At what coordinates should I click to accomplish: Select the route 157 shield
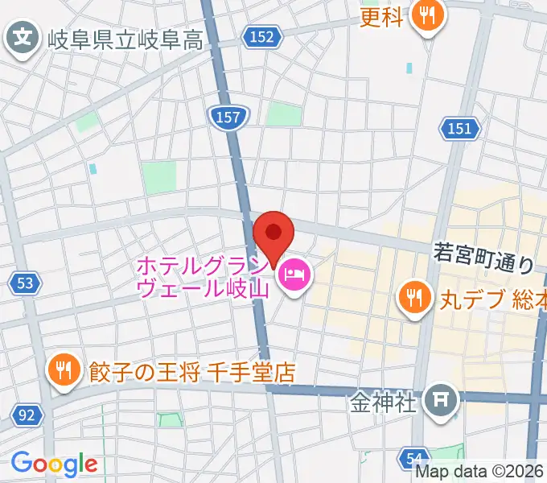[x=228, y=118]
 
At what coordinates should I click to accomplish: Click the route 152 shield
[x=261, y=37]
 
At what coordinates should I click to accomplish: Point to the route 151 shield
[x=459, y=128]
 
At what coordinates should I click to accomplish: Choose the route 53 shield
[x=25, y=283]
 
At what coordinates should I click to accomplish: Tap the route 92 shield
[x=27, y=415]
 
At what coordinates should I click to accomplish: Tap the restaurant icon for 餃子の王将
[x=62, y=371]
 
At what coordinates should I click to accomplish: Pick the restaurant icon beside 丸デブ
[x=413, y=299]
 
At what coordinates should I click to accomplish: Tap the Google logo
[x=54, y=463]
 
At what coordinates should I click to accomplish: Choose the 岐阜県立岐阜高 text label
[x=125, y=39]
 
